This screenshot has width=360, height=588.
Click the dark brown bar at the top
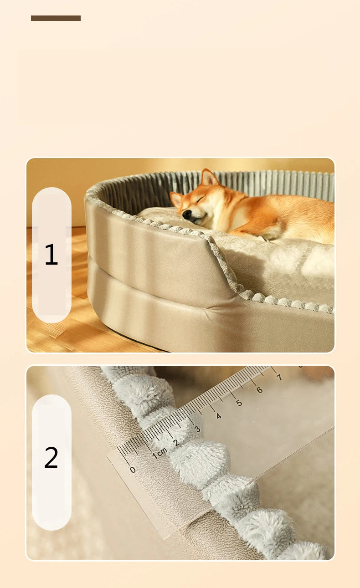56,18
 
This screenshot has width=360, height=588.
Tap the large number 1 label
51,254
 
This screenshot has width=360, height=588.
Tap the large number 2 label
51,457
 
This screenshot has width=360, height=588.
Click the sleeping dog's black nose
187,215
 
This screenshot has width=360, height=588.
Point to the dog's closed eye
201,199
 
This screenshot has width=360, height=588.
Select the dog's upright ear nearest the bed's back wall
209,178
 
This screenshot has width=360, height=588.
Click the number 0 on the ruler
133,469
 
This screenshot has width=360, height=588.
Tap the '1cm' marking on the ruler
160,453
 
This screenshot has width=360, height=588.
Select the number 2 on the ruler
176,443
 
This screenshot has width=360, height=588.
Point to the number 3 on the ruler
197,429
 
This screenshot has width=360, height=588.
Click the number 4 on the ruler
218,416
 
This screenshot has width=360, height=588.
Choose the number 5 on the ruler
239,403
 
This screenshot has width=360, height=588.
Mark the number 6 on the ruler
259,390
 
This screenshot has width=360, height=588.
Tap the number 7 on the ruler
279,377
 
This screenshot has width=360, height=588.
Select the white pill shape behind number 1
51,255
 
